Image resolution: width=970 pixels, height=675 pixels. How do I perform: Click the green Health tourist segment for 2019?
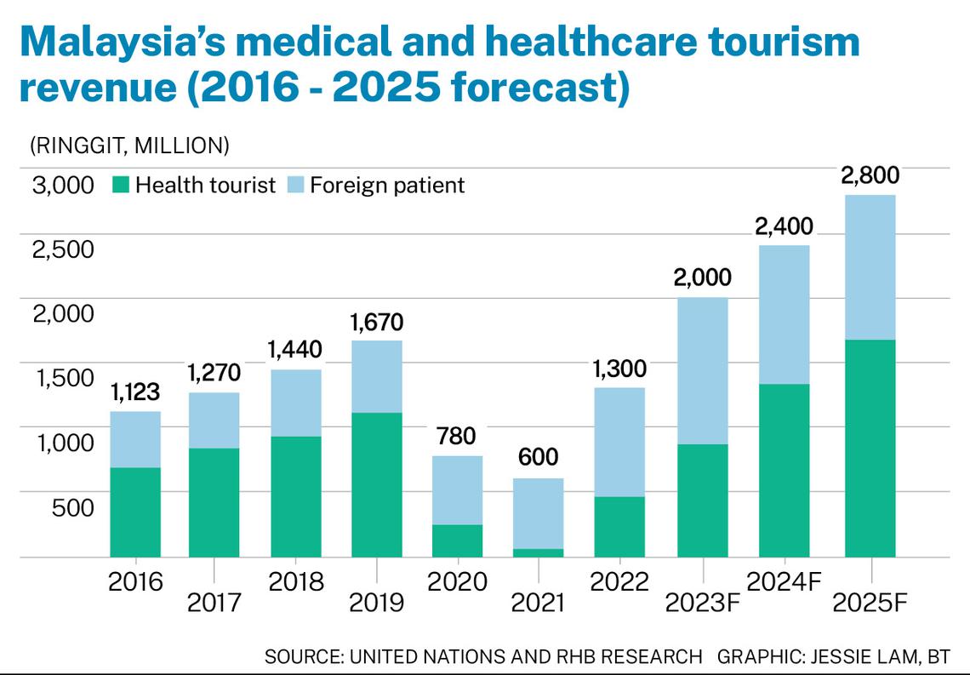tap(377, 484)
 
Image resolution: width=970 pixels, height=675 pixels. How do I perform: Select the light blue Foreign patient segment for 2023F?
tap(702, 371)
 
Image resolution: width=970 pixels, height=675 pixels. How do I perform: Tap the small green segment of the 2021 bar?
tap(539, 552)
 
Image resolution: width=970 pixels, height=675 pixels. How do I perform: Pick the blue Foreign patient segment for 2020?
tap(458, 490)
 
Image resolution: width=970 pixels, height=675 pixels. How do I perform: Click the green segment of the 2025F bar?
tap(870, 448)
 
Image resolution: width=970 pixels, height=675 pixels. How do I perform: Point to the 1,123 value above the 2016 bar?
tap(135, 392)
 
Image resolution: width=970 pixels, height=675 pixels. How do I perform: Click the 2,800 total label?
tap(870, 176)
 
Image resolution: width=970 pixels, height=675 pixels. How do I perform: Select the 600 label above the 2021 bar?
tap(539, 457)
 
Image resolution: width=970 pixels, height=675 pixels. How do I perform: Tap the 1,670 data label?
tap(377, 323)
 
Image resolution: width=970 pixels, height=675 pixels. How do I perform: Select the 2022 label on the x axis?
tap(619, 581)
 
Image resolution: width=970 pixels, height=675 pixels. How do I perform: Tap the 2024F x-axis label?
tap(784, 581)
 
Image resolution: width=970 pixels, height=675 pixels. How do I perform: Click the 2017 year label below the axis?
tap(214, 603)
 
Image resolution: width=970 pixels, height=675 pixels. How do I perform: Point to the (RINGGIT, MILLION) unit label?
tap(129, 146)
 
